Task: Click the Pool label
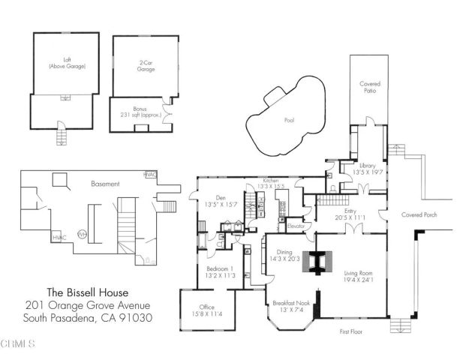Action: (x=289, y=120)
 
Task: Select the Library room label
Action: (x=367, y=165)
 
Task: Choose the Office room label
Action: (x=206, y=307)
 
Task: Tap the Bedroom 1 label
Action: (x=221, y=268)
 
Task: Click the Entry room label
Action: (x=350, y=211)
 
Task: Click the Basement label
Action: (x=105, y=183)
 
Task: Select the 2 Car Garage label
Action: (x=146, y=65)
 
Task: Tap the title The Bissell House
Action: (x=89, y=292)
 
